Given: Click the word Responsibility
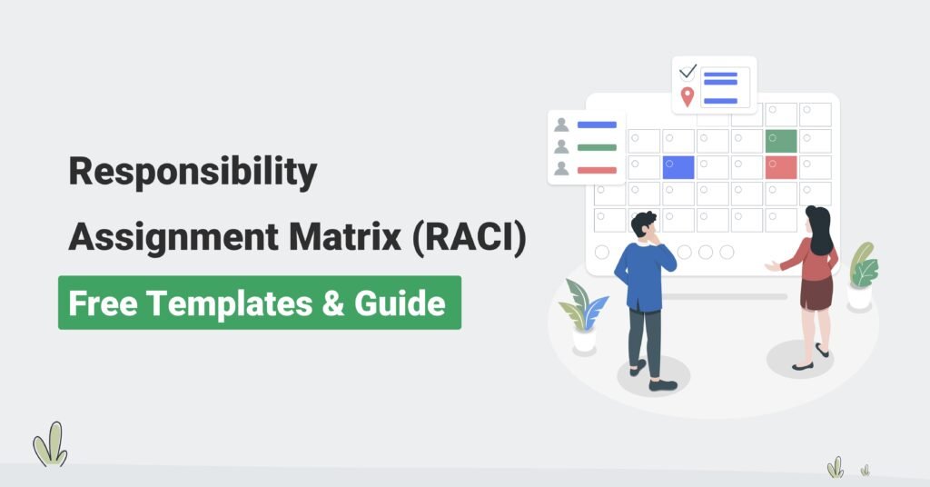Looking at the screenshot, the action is coord(193,172).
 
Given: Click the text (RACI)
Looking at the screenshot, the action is coord(469,236).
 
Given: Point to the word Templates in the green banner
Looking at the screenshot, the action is coord(230,303).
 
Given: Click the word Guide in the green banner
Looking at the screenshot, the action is coord(400,303).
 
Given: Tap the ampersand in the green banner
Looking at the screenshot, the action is coord(334,303).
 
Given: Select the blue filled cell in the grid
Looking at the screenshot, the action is coord(678,168).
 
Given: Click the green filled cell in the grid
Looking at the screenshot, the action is coord(781,141).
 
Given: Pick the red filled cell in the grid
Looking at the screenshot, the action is coord(781,168).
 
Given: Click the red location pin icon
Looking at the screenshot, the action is coord(688,96).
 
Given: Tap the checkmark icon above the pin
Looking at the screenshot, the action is coord(688,72).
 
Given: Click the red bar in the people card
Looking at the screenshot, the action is coord(597,170).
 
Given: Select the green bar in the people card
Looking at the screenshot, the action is coord(597,148).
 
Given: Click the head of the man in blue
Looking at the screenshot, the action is coord(644,226).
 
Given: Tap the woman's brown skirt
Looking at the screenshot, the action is coord(816,292).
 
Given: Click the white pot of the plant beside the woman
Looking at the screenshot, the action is coord(859,297).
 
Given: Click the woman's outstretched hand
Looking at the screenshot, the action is coord(772,267).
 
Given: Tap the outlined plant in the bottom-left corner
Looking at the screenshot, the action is coord(51,444).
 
